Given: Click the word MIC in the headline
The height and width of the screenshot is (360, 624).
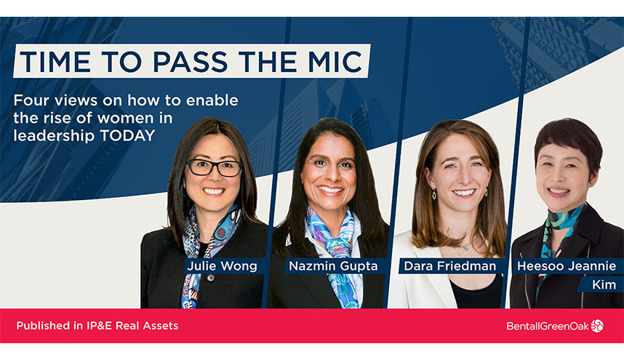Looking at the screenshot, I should pos(331,62).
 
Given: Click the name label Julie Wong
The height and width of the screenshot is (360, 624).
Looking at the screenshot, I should pos(222,266).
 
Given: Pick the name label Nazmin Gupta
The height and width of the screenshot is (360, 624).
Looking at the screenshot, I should pos(333,266).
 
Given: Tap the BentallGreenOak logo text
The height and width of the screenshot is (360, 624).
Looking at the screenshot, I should pos(547,326).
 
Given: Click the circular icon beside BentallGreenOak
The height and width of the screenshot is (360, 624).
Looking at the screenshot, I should pos(597,326).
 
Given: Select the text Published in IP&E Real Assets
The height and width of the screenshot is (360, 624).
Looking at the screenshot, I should pos(97,326).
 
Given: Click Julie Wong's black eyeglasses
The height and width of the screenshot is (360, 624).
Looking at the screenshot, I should pos(215,168).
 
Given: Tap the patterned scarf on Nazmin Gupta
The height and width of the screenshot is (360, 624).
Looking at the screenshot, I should pos(337,240).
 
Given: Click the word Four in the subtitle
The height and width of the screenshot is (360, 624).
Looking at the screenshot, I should pos(31,100).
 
